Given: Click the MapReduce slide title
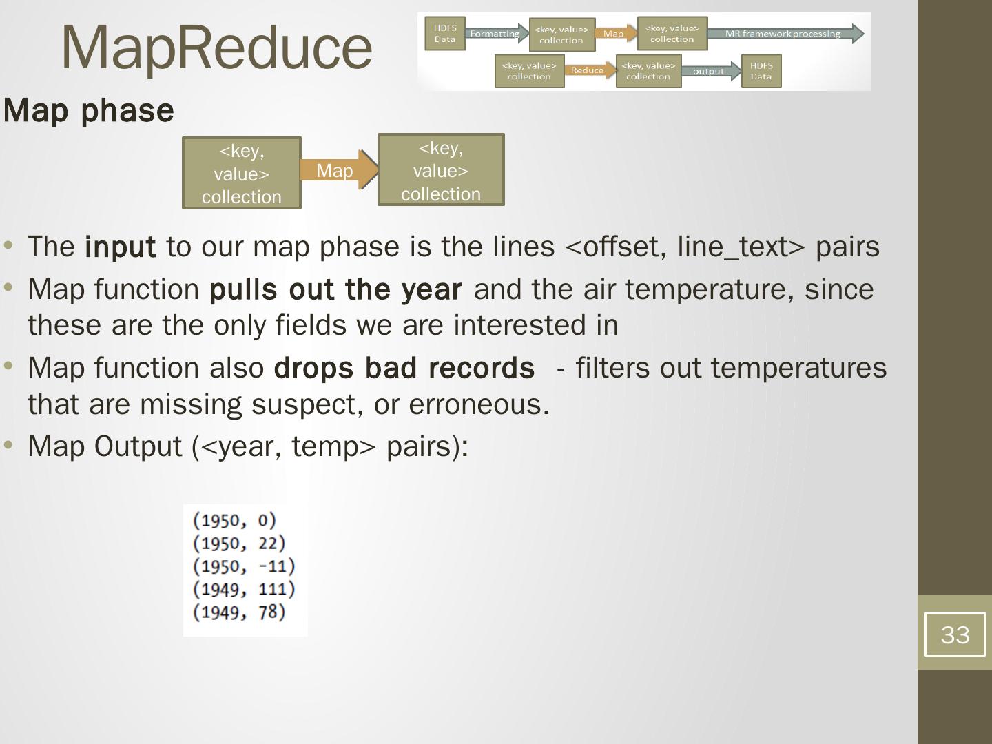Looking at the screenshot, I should click(x=216, y=47).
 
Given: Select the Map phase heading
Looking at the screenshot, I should click(x=89, y=110).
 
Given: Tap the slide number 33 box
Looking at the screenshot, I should click(x=954, y=634).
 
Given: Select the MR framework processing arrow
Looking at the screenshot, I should click(x=784, y=34).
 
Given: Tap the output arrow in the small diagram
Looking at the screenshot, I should click(x=710, y=71).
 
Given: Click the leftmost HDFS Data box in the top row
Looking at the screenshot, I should click(x=445, y=34).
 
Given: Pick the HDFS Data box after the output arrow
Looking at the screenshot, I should click(x=761, y=71).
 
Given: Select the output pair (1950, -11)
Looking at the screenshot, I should click(x=244, y=566).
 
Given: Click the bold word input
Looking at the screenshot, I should click(x=120, y=247).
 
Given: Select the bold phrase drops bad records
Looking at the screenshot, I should click(x=404, y=368).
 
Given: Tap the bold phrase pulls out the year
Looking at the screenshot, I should click(x=335, y=289).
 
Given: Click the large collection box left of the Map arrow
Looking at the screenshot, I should click(x=242, y=173).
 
